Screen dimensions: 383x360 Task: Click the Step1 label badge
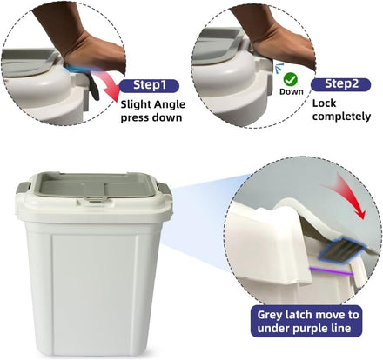(149, 86)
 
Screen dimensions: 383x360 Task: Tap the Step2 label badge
(340, 84)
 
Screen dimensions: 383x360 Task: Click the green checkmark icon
(290, 79)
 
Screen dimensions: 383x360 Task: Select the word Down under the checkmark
(292, 91)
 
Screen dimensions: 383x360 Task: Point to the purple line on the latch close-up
(331, 271)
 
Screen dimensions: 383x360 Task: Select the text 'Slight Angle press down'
(152, 111)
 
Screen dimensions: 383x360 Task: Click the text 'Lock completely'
(341, 110)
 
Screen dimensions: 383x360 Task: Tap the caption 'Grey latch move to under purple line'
(307, 322)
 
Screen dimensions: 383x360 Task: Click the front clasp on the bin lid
(93, 199)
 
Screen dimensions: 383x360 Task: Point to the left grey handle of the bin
(23, 189)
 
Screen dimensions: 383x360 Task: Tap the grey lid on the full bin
(93, 186)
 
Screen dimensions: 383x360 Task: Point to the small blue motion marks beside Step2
(279, 67)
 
